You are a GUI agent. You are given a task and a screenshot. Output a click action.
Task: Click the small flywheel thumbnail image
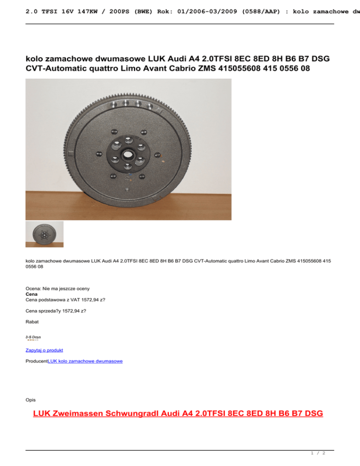click(45, 234)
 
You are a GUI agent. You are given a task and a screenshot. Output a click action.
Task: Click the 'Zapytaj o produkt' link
click(45, 350)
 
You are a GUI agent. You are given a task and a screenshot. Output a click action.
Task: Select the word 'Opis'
click(30, 400)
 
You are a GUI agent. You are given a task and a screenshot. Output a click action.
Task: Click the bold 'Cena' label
click(31, 294)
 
